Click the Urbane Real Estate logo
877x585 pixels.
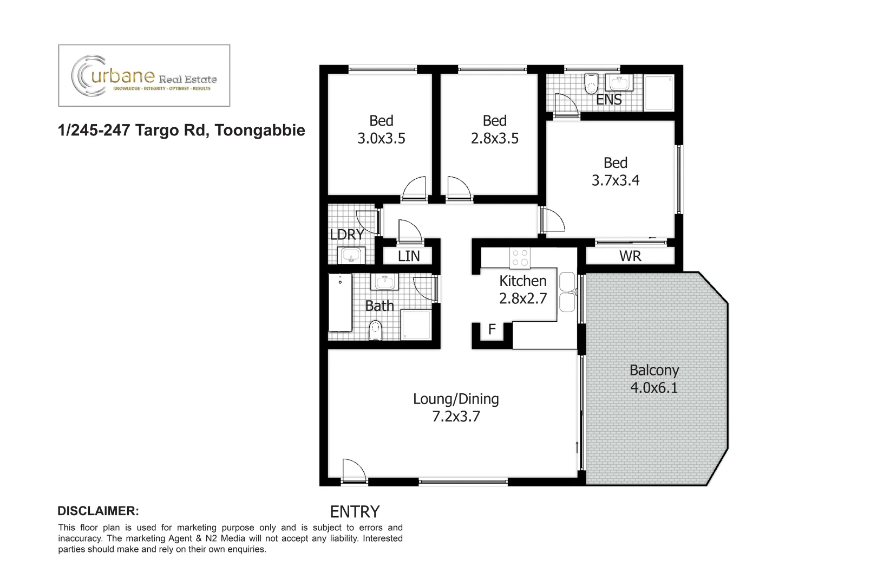(x=144, y=76)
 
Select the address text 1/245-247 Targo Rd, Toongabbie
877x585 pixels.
(x=181, y=131)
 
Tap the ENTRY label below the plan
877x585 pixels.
(x=355, y=511)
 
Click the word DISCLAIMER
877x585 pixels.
(x=98, y=511)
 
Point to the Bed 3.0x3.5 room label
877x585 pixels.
(x=381, y=129)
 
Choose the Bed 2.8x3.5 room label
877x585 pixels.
(x=494, y=129)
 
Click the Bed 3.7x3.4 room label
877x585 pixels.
(x=615, y=172)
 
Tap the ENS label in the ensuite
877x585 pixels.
(x=608, y=100)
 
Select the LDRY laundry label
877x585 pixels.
(x=346, y=235)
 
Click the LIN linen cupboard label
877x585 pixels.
(x=409, y=256)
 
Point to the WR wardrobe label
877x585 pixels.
(x=630, y=256)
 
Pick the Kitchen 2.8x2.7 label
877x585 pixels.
(x=522, y=289)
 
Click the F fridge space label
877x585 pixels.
(x=492, y=329)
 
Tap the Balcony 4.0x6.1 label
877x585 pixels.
(x=653, y=379)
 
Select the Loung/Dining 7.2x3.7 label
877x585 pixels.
(x=456, y=407)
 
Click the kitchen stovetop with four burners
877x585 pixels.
(x=520, y=258)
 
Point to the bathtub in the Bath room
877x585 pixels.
(x=340, y=302)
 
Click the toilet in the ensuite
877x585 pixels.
(x=591, y=84)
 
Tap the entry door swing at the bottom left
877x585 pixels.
(x=354, y=470)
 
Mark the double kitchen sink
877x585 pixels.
(x=567, y=292)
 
